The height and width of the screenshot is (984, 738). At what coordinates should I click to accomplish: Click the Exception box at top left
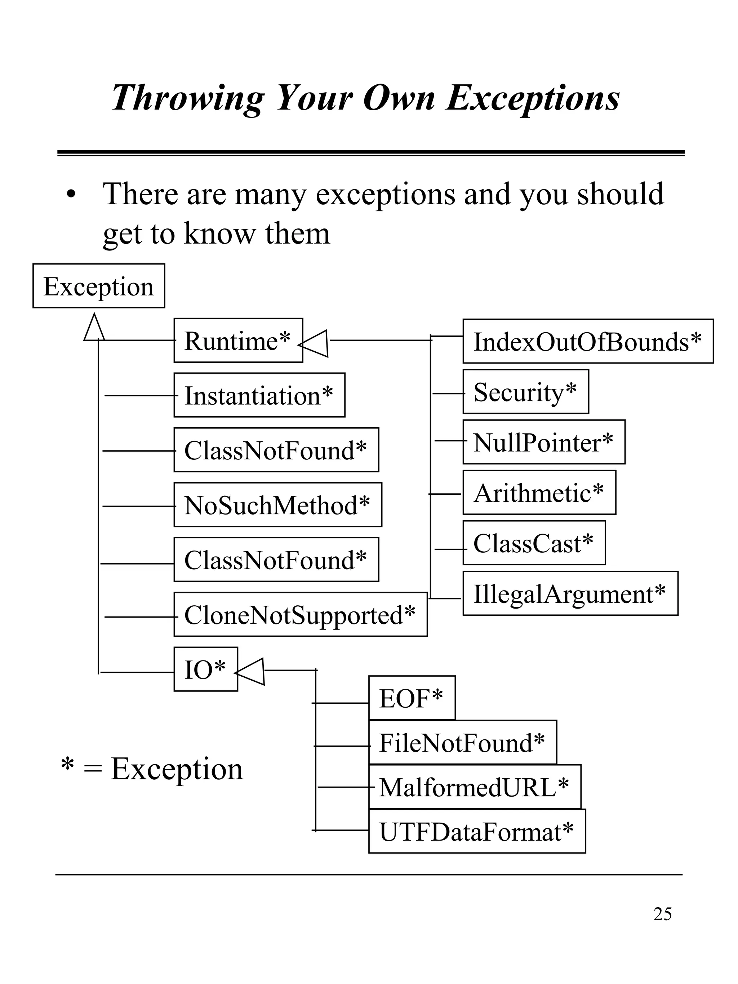coord(98,286)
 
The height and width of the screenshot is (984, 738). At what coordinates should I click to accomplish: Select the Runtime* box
coord(238,340)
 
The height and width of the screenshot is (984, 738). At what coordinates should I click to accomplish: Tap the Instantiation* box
coord(259,395)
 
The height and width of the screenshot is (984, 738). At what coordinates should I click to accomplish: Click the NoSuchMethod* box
coord(277,505)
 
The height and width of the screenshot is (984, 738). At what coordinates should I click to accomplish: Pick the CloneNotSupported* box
coord(300,614)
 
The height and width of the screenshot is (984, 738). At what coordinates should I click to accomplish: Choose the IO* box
coord(205,669)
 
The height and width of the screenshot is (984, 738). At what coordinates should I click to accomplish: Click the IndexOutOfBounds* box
coord(587,341)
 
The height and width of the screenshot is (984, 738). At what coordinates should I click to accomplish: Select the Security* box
coord(525,391)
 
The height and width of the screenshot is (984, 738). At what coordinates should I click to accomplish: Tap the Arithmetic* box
coord(539,493)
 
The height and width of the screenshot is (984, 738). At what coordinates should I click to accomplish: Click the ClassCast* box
coord(533,543)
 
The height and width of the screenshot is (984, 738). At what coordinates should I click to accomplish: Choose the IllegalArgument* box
coord(570,593)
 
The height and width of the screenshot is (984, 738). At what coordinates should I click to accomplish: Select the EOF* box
coord(412,698)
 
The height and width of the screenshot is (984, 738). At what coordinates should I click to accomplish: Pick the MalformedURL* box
coord(474,787)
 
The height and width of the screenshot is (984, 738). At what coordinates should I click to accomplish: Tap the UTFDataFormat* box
coord(476,831)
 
